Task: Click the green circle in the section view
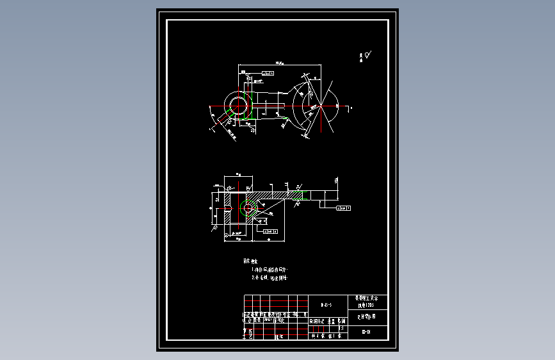pyautogui.click(x=248, y=208)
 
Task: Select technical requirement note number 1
pyautogui.click(x=270, y=270)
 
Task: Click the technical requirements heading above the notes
pyautogui.click(x=250, y=261)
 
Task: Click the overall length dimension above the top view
pyautogui.click(x=280, y=63)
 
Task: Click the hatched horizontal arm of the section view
pyautogui.click(x=275, y=194)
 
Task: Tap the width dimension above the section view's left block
pyautogui.click(x=237, y=174)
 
